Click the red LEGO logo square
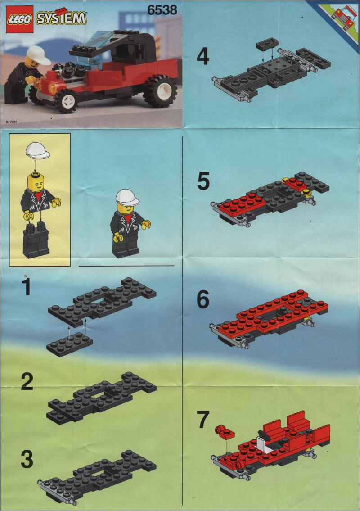pyautogui.click(x=19, y=19)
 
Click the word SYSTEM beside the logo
pyautogui.click(x=61, y=18)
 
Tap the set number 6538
pyautogui.click(x=162, y=10)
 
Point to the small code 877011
pyautogui.click(x=11, y=122)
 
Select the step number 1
pyautogui.click(x=26, y=286)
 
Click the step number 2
pyautogui.click(x=27, y=381)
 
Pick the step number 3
pyautogui.click(x=27, y=459)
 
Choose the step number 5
pyautogui.click(x=203, y=181)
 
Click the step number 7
pyautogui.click(x=203, y=420)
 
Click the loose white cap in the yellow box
pyautogui.click(x=37, y=151)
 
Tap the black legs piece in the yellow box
pyautogui.click(x=36, y=240)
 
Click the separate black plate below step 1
pyautogui.click(x=70, y=344)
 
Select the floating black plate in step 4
pyautogui.click(x=267, y=43)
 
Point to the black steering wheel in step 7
pyautogui.click(x=265, y=435)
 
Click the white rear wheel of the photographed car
pyautogui.click(x=160, y=91)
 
